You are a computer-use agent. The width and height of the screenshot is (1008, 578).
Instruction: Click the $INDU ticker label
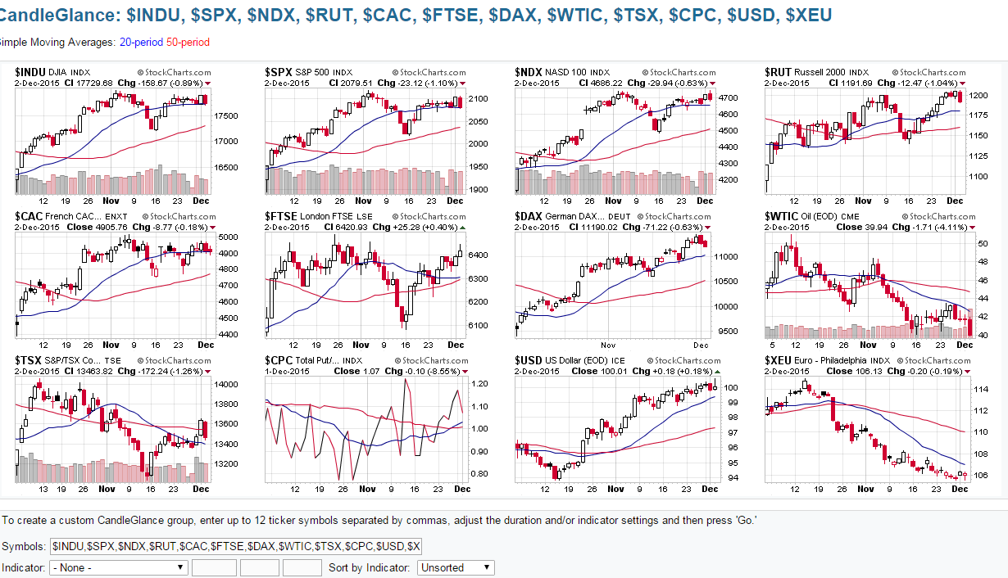(x=30, y=72)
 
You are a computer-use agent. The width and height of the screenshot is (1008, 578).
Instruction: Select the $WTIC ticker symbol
(x=781, y=216)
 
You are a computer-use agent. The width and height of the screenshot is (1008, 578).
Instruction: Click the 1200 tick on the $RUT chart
(x=978, y=96)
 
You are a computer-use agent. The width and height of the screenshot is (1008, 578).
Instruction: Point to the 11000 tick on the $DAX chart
(x=729, y=256)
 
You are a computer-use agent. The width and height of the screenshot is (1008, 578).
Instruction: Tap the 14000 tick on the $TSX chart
(x=227, y=384)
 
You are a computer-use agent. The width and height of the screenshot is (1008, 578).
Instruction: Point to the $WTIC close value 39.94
(x=874, y=227)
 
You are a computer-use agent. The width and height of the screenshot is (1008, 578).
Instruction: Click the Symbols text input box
(x=235, y=545)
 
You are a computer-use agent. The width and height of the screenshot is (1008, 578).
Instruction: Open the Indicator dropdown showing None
(x=119, y=567)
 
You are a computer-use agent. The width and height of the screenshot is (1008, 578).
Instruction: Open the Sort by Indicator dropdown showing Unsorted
(x=456, y=567)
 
